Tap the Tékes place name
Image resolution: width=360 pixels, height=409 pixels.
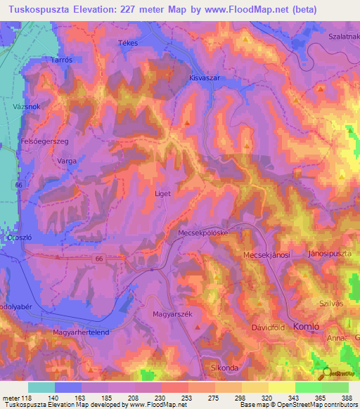coord(127,43)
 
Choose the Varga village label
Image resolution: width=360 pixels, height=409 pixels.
coord(66,161)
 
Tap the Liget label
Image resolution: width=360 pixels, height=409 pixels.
coord(162,193)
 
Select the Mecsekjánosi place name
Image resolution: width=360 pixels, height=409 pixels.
coord(267,254)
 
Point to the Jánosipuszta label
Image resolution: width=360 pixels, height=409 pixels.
coord(329,253)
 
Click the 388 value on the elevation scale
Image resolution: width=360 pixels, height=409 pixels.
coord(347,397)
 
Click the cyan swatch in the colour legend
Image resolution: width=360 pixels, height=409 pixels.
coord(41,387)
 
